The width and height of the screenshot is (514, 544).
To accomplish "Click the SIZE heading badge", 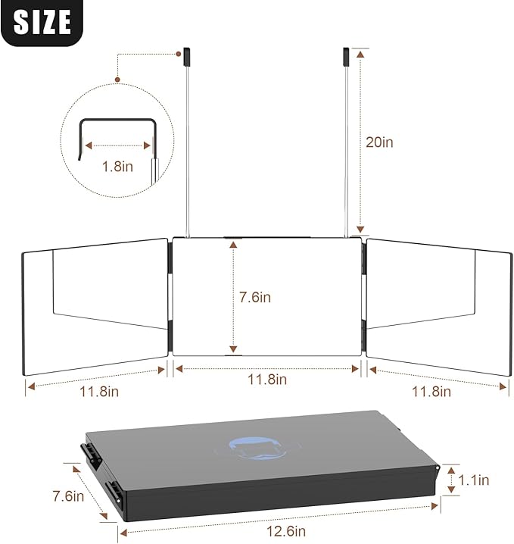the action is coord(42,22).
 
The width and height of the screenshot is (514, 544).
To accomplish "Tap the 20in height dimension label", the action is coord(379,142).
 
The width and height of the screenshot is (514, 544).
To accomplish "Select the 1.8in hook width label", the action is coord(117,167).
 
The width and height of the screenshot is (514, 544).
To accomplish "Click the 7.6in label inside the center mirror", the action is coord(255,297).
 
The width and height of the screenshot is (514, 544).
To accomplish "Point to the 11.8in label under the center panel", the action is coord(267,379).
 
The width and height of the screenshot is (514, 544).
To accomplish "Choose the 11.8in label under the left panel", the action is coord(99,392).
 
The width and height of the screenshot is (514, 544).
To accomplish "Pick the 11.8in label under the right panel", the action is coord(431,392).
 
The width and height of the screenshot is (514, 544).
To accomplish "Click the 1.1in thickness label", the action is coord(473,480).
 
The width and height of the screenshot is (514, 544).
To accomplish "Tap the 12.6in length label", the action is coord(286,531).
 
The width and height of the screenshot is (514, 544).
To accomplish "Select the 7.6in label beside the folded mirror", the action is coord(68,496).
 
